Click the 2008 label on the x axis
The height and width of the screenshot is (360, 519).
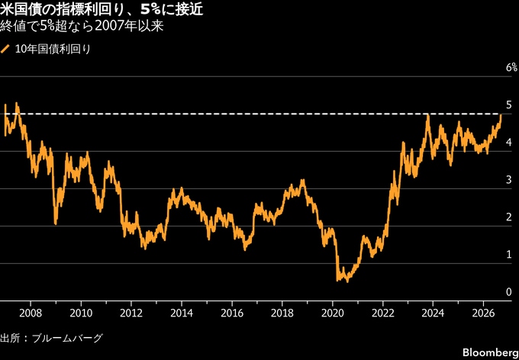pyautogui.click(x=31, y=313)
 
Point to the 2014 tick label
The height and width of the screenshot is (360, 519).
pyautogui.click(x=182, y=313)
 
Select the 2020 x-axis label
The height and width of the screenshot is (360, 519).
pyautogui.click(x=332, y=313)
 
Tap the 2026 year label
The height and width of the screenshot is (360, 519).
pyautogui.click(x=484, y=313)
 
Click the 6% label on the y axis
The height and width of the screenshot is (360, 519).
pyautogui.click(x=511, y=68)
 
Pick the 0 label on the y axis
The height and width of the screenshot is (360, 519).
pyautogui.click(x=508, y=292)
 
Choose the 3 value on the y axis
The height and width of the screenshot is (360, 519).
pyautogui.click(x=508, y=180)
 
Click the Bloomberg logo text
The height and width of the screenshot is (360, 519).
pyautogui.click(x=490, y=352)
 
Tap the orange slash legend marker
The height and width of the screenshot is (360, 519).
pyautogui.click(x=5, y=50)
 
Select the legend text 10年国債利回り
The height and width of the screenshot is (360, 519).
pyautogui.click(x=53, y=50)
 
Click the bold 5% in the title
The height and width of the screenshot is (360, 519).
pyautogui.click(x=150, y=10)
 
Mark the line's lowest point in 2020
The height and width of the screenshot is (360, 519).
pyautogui.click(x=347, y=281)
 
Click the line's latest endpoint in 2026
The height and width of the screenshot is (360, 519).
pyautogui.click(x=501, y=115)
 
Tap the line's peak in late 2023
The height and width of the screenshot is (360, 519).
pyautogui.click(x=428, y=115)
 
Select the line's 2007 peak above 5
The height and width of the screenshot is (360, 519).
pyautogui.click(x=17, y=103)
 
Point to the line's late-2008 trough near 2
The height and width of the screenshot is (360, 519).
pyautogui.click(x=55, y=223)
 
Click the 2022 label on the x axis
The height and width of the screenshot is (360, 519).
pyautogui.click(x=382, y=313)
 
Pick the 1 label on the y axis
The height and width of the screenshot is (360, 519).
pyautogui.click(x=508, y=255)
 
